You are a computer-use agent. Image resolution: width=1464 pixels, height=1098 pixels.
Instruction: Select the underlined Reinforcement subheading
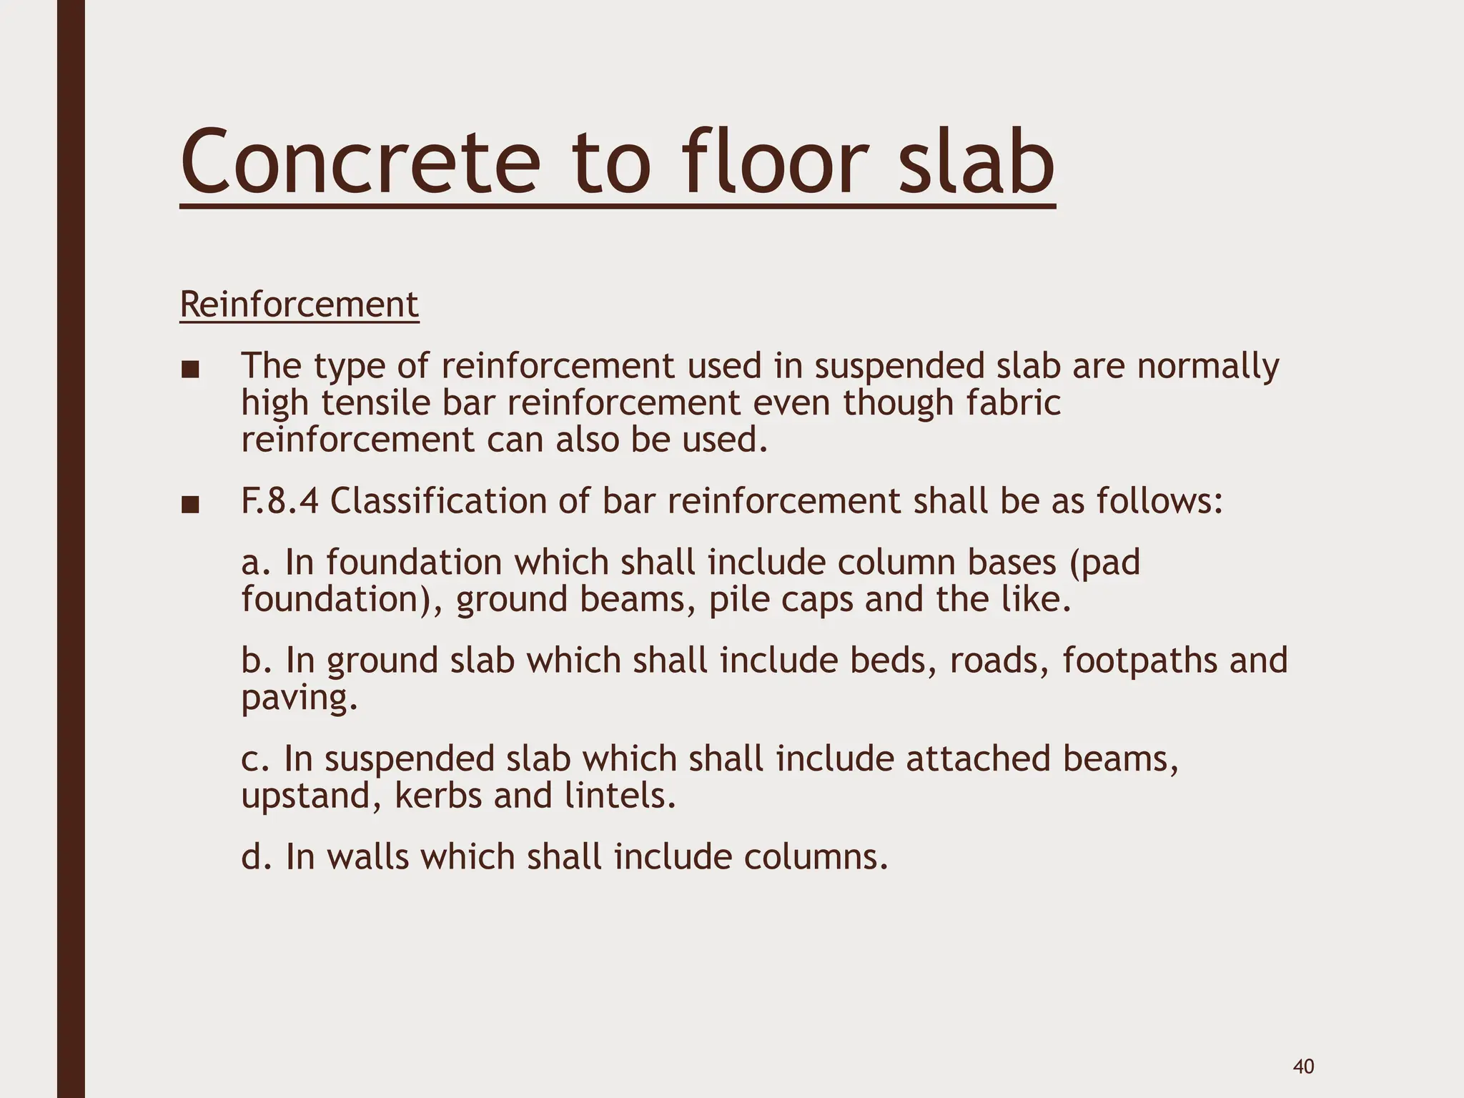coord(299,305)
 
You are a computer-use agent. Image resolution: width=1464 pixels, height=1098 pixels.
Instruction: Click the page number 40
coord(1303,1047)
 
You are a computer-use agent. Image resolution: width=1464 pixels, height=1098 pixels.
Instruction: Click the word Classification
coord(437,501)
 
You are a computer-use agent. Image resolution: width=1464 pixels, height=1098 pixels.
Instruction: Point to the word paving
coord(299,698)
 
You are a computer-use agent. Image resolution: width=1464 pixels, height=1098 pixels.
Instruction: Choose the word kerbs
coord(437,796)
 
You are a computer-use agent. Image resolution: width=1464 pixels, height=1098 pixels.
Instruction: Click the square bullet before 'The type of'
coord(189,370)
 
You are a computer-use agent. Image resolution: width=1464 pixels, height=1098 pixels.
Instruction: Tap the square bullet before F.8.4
coord(189,505)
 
